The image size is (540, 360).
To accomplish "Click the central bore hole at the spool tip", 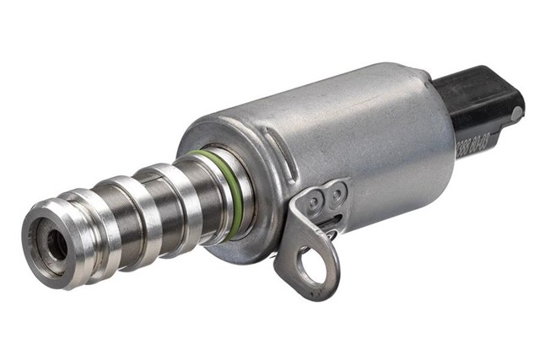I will [x=57, y=244].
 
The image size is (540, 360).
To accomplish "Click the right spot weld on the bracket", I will [x=337, y=194].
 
